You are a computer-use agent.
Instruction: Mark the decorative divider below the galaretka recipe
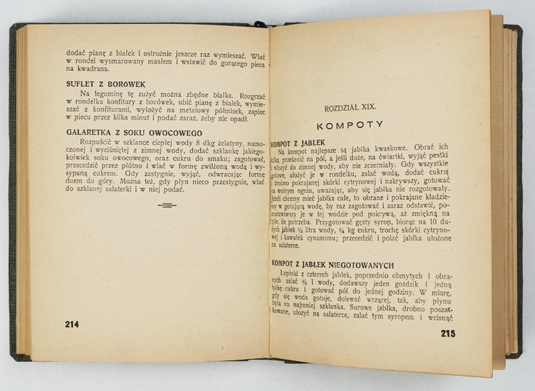(x=165, y=205)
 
